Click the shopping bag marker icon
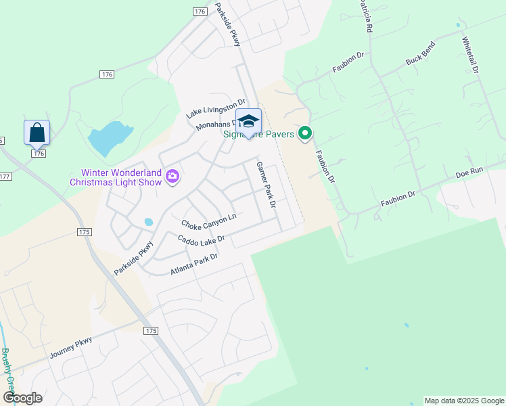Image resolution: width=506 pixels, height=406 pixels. [37, 132]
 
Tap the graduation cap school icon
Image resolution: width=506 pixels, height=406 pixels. [249, 122]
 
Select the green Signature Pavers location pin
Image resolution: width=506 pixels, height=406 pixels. [305, 134]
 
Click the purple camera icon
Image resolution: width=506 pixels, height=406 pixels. [172, 177]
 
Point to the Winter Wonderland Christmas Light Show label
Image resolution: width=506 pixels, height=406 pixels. [116, 177]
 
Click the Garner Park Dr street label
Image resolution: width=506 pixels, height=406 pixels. [266, 184]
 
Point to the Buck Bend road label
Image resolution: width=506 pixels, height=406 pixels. [420, 53]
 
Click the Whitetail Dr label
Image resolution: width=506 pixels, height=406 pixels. [471, 55]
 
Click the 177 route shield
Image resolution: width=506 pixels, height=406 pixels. [5, 177]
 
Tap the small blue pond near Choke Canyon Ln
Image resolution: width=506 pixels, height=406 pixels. [148, 221]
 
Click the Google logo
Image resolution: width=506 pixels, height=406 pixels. [23, 398]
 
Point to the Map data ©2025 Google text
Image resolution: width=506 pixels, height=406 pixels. [463, 401]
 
